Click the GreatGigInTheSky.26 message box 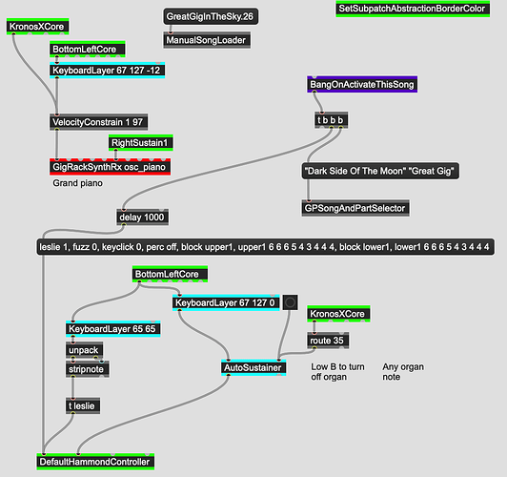point(211,16)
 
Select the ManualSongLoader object point(207,40)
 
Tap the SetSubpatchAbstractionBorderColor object point(413,9)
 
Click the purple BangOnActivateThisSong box point(362,85)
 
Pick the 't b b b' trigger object point(332,120)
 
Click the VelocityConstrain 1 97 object point(98,122)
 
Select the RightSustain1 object point(141,143)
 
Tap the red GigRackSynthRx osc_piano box point(110,167)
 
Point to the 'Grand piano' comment point(77,183)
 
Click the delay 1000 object point(143,218)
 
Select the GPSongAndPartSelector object point(355,208)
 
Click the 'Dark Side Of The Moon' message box point(380,171)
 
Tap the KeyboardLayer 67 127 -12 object point(108,71)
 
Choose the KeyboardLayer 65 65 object point(112,329)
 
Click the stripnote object point(88,369)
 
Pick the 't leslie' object point(83,405)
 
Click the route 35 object point(328,341)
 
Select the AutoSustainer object point(253,367)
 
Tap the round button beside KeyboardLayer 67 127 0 point(290,302)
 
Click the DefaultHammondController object point(95,462)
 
